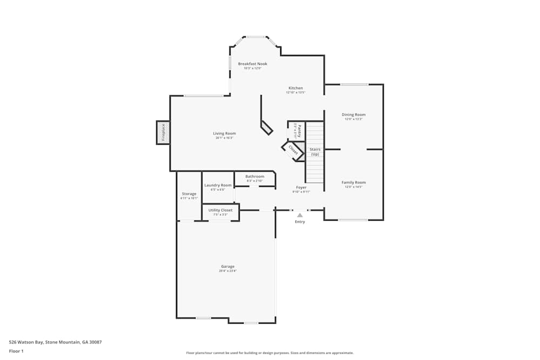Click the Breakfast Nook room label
(x=252, y=64)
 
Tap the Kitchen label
(x=295, y=88)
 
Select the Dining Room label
(x=354, y=114)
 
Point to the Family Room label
(x=354, y=182)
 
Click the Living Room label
(x=224, y=133)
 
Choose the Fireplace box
(x=163, y=133)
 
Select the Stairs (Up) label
(x=315, y=152)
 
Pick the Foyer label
(x=301, y=187)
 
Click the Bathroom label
(x=255, y=176)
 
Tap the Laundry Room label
(x=218, y=185)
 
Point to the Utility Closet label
(x=220, y=210)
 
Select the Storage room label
(x=189, y=194)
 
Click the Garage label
(x=227, y=266)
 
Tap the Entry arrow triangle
(x=300, y=215)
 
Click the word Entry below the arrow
(x=300, y=222)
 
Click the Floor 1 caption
(x=16, y=351)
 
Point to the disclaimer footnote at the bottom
(x=270, y=353)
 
